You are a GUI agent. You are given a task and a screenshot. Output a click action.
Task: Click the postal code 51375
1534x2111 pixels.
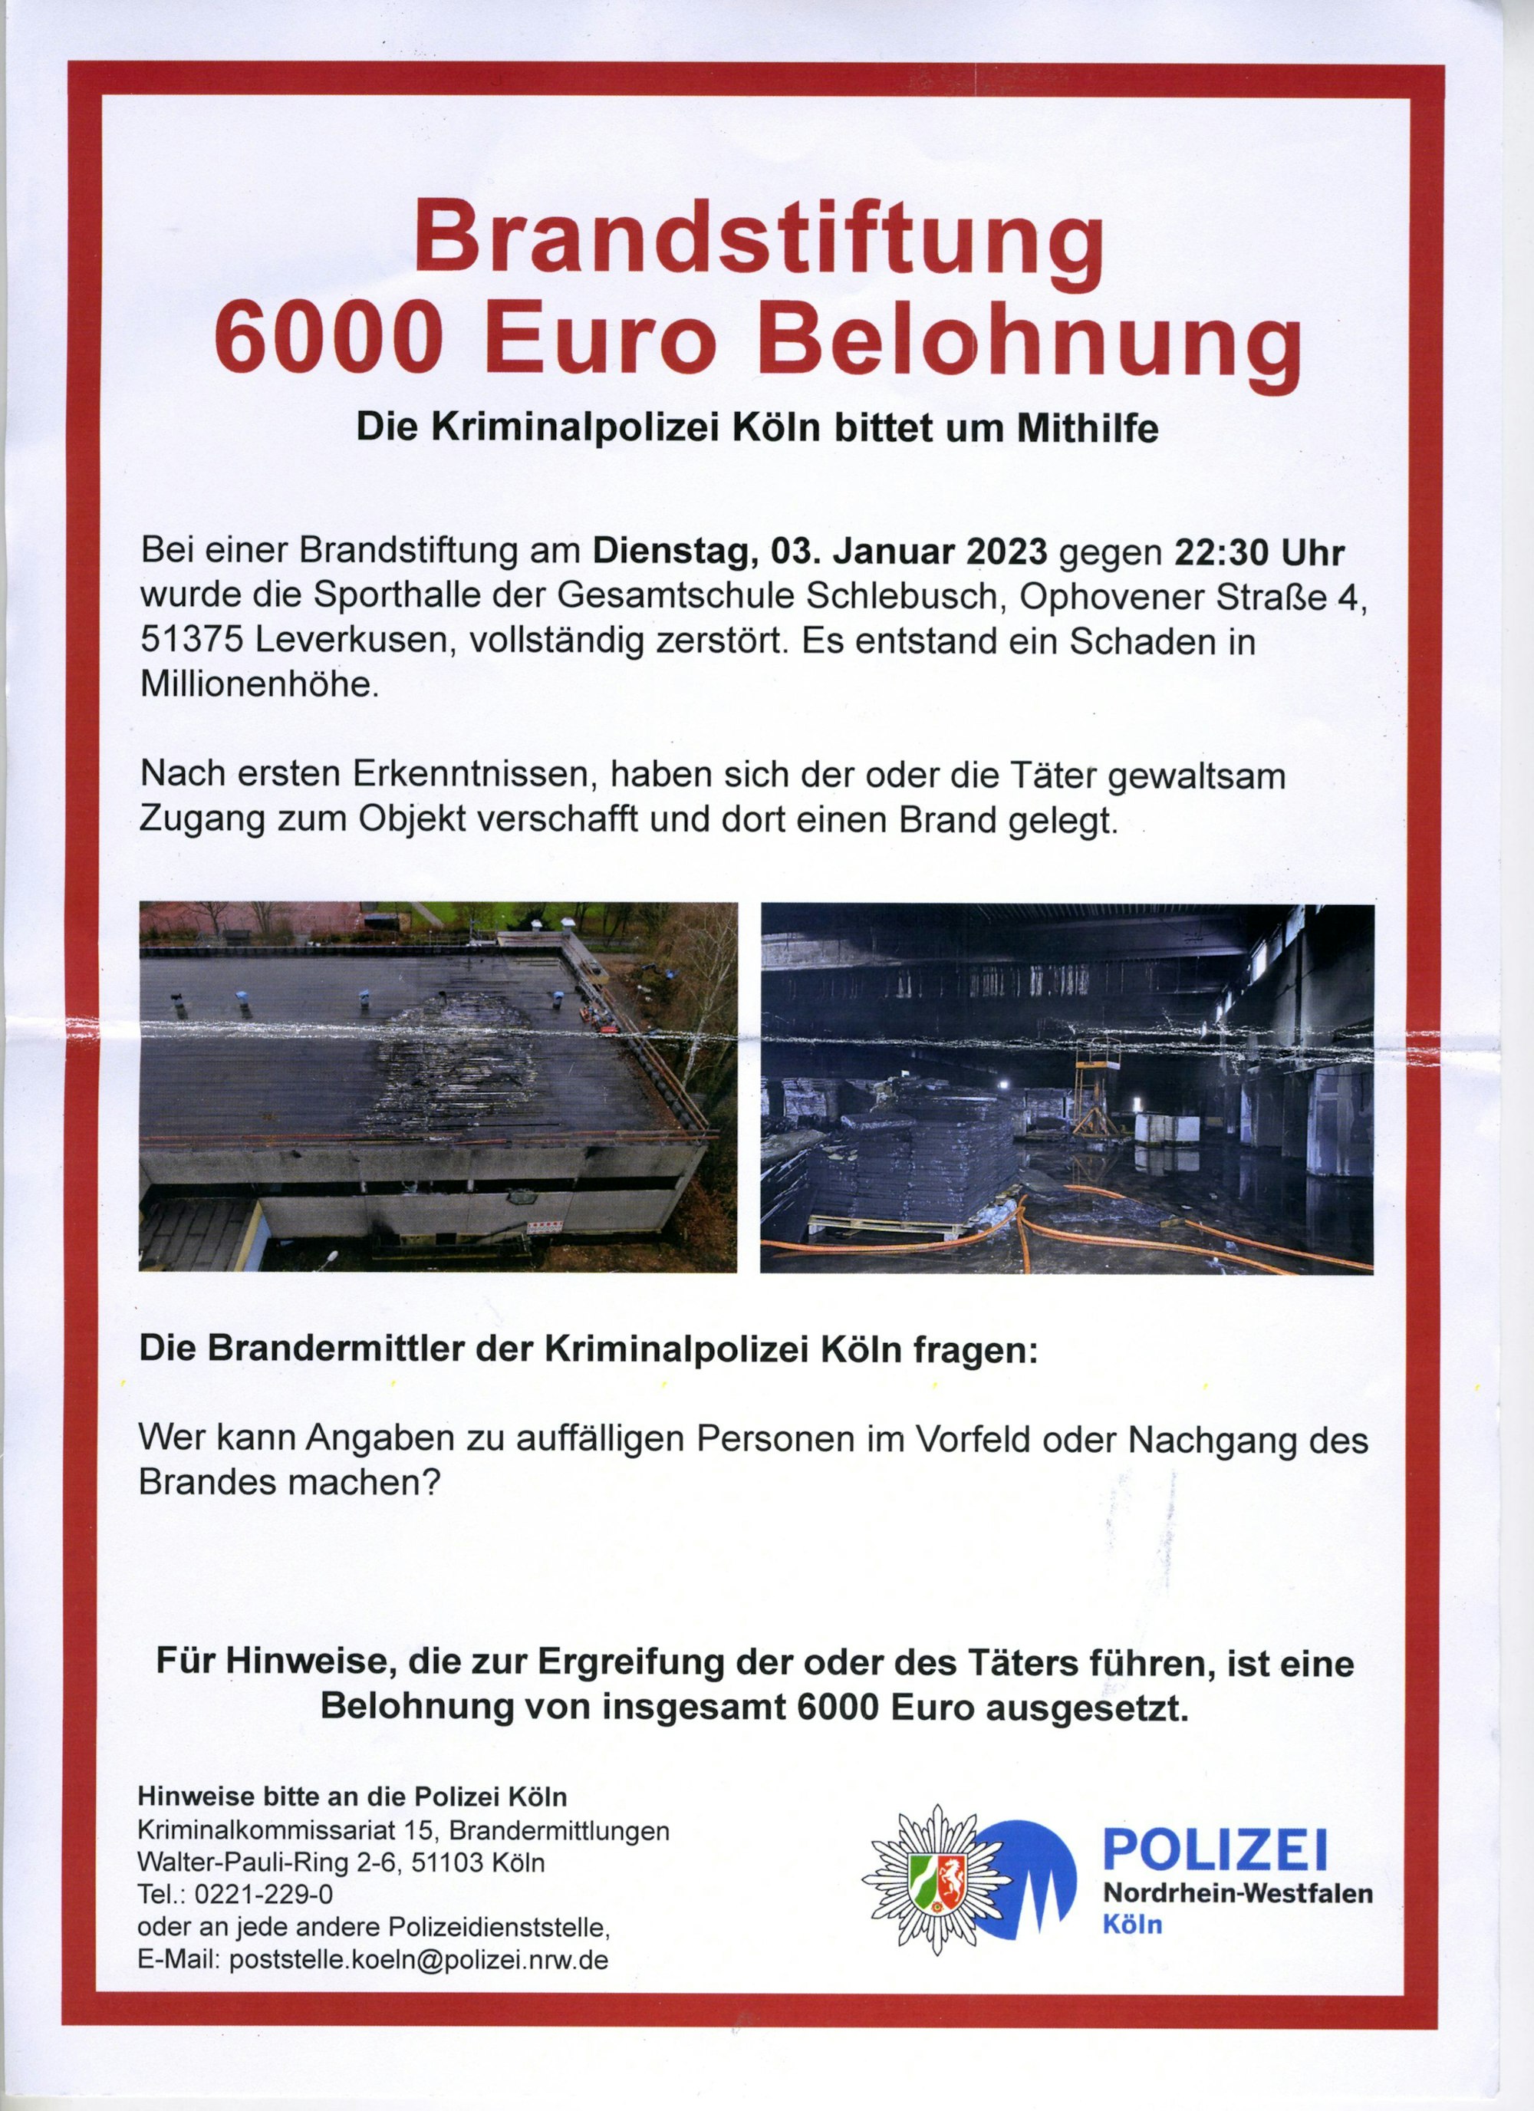pos(191,641)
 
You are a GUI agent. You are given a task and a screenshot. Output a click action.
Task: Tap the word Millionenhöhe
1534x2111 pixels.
pos(260,685)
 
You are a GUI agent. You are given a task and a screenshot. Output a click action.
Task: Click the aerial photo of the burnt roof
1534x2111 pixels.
pos(437,1087)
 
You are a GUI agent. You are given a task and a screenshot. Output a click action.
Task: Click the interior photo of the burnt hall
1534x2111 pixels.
pos(1067,1087)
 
